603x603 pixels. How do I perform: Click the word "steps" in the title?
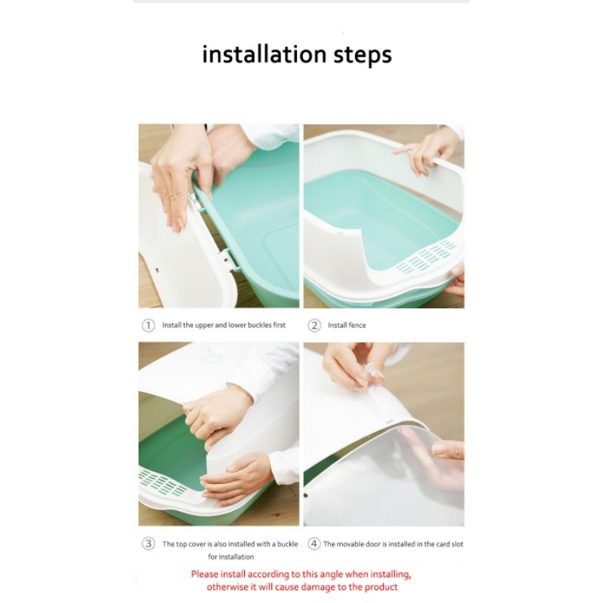(363, 55)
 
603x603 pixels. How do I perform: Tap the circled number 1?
(148, 326)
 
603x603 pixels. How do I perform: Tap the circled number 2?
(314, 326)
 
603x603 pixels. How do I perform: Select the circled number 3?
(148, 543)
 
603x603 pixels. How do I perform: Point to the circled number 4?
(314, 543)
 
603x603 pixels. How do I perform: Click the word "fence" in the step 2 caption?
(357, 326)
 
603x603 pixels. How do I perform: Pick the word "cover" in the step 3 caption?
(197, 544)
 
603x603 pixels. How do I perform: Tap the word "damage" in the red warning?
(317, 587)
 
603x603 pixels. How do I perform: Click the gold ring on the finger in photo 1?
(174, 195)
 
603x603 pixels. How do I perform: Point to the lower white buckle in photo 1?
(225, 257)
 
